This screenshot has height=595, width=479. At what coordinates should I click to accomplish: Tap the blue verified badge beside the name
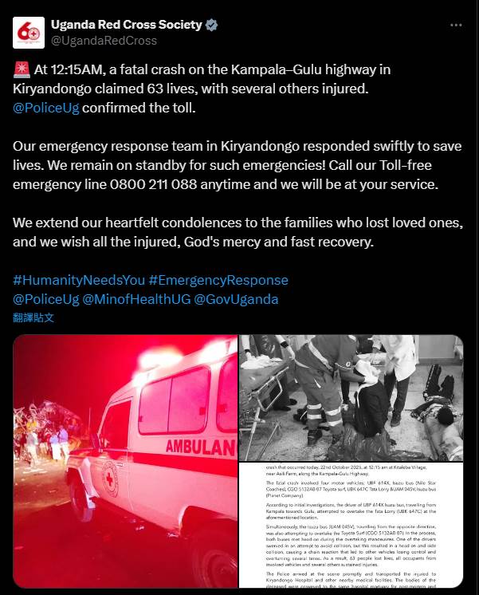[210, 25]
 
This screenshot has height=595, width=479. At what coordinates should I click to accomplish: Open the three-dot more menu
[455, 25]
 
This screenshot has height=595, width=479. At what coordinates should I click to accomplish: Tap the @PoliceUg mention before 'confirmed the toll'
[46, 107]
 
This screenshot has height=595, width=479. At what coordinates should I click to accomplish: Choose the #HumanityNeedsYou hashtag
[78, 281]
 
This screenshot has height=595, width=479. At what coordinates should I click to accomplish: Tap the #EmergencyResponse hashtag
[218, 281]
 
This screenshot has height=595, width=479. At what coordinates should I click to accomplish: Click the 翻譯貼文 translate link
[33, 317]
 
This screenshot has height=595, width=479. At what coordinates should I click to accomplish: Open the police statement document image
[351, 527]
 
